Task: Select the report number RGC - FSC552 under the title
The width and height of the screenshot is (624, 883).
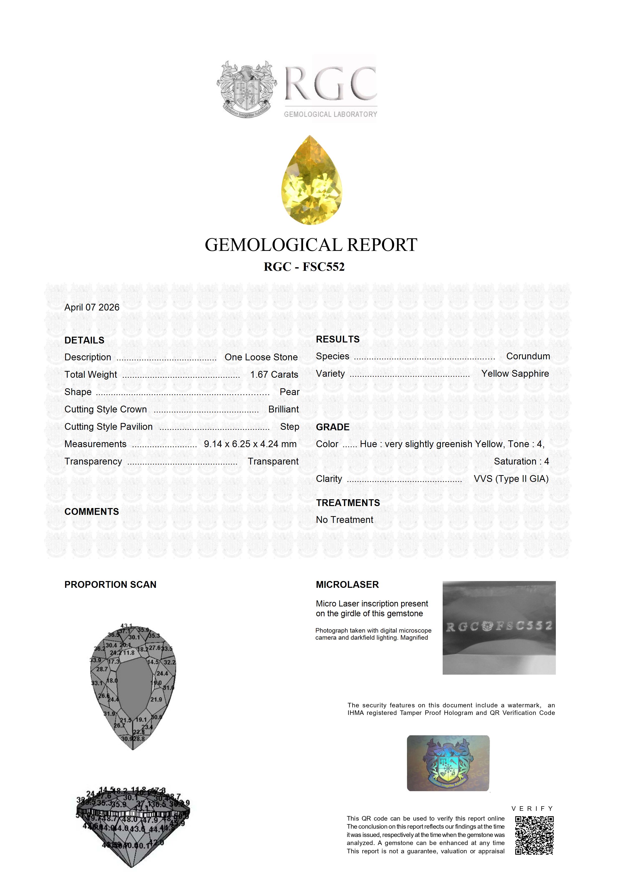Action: point(304,267)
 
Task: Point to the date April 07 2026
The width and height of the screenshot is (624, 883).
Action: point(92,307)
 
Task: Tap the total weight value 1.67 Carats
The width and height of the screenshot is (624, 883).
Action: point(274,375)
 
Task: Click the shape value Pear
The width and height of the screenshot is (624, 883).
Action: point(289,392)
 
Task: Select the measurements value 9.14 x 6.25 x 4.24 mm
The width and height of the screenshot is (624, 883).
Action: point(250,444)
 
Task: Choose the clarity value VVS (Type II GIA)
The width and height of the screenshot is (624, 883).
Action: point(511,479)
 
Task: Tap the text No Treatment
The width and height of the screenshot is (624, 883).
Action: point(345,520)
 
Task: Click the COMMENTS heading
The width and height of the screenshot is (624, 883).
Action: point(92,512)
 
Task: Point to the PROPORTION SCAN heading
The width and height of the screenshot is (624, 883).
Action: point(110,585)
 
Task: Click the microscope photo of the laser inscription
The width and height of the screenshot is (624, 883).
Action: point(499,628)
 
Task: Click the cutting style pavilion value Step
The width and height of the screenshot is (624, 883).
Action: point(289,427)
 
